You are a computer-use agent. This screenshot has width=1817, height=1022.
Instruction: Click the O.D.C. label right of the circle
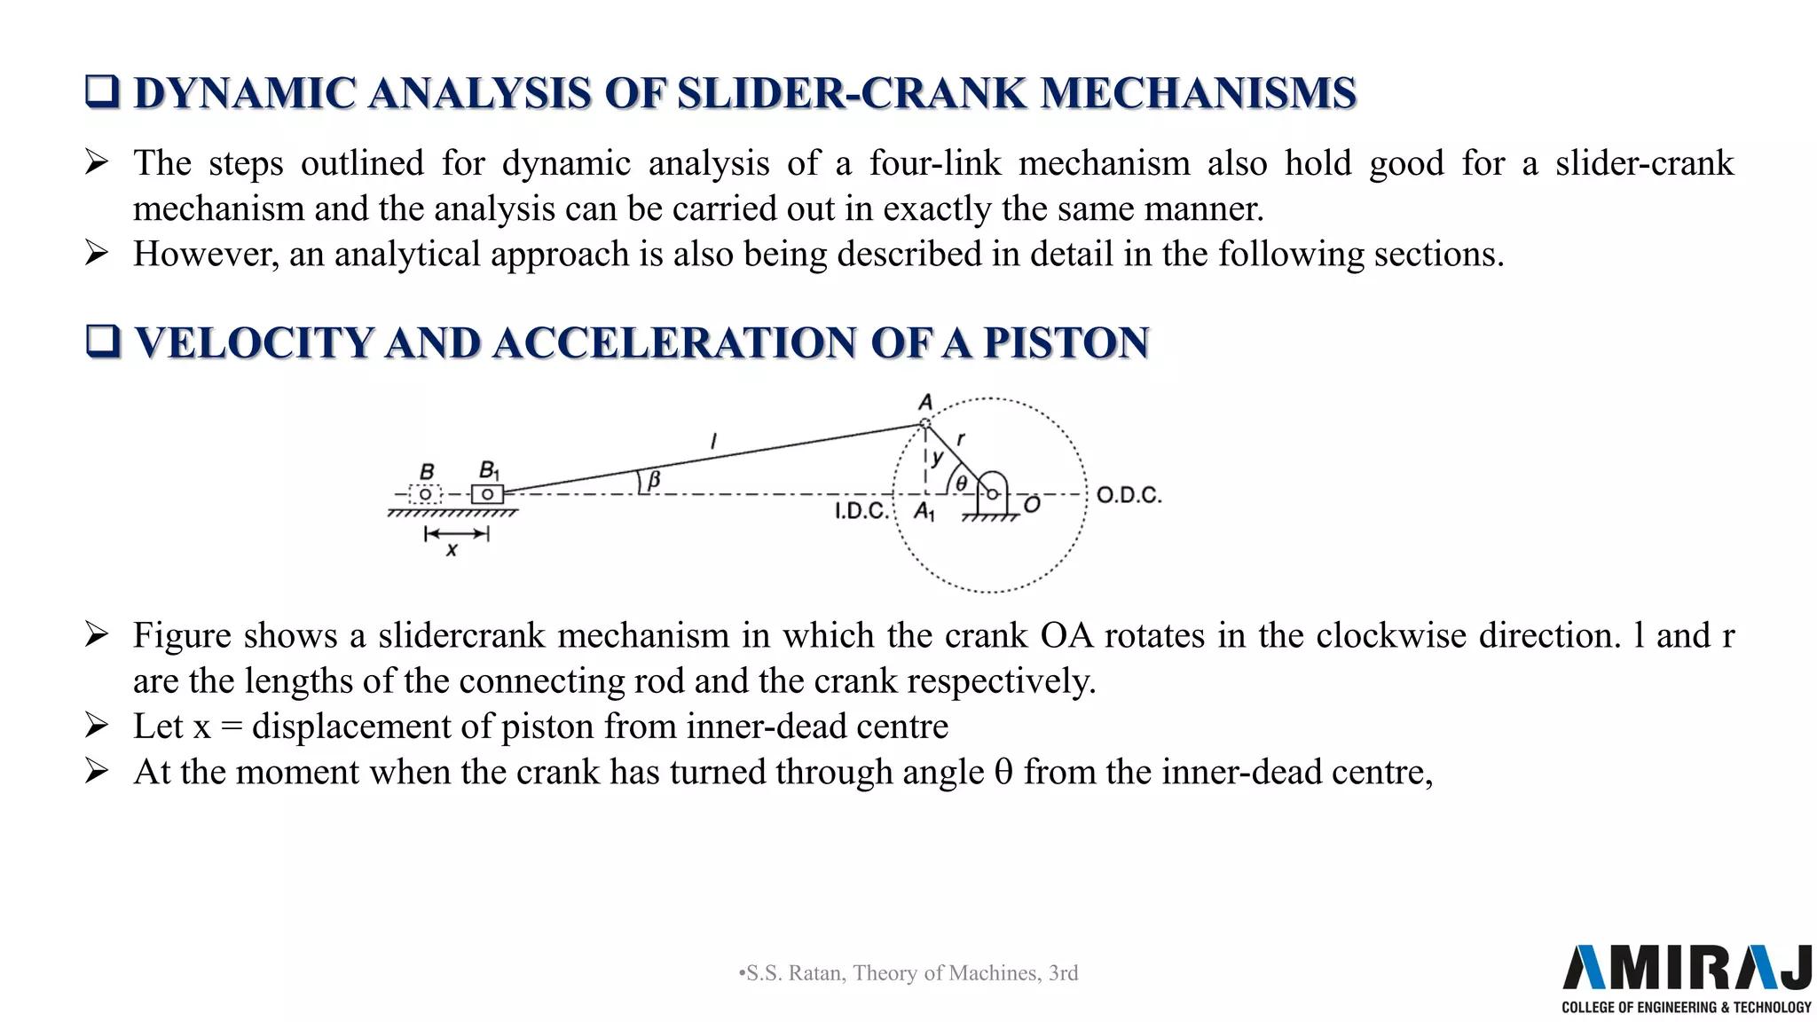pyautogui.click(x=1129, y=495)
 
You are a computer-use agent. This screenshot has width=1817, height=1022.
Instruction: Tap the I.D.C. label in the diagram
pyautogui.click(x=861, y=511)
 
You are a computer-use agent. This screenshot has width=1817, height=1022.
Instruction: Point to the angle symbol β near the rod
pyautogui.click(x=654, y=480)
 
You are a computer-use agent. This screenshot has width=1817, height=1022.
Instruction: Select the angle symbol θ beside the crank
pyautogui.click(x=961, y=483)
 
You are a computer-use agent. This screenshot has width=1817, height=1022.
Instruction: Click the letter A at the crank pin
pyautogui.click(x=925, y=404)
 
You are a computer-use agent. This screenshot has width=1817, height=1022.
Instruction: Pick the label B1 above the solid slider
pyautogui.click(x=489, y=470)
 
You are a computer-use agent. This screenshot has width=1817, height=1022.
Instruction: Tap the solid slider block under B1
pyautogui.click(x=487, y=494)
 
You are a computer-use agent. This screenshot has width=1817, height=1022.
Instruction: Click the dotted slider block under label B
pyautogui.click(x=426, y=494)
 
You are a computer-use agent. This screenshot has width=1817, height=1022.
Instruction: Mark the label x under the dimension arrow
pyautogui.click(x=452, y=550)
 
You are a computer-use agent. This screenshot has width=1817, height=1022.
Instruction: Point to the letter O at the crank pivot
pyautogui.click(x=1032, y=506)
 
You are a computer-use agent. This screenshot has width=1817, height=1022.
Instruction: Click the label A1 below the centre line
pyautogui.click(x=924, y=512)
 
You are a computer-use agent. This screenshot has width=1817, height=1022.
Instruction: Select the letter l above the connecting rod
pyautogui.click(x=713, y=440)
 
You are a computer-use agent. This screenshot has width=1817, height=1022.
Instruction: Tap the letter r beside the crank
pyautogui.click(x=961, y=438)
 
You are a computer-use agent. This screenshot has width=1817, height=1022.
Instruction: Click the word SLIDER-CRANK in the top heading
pyautogui.click(x=851, y=93)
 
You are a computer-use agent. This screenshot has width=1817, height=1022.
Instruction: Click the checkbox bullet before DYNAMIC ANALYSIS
pyautogui.click(x=102, y=91)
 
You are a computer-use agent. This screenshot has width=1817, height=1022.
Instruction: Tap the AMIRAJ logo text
pyautogui.click(x=1686, y=968)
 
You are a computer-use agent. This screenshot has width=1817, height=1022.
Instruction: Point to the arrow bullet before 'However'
pyautogui.click(x=96, y=254)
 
